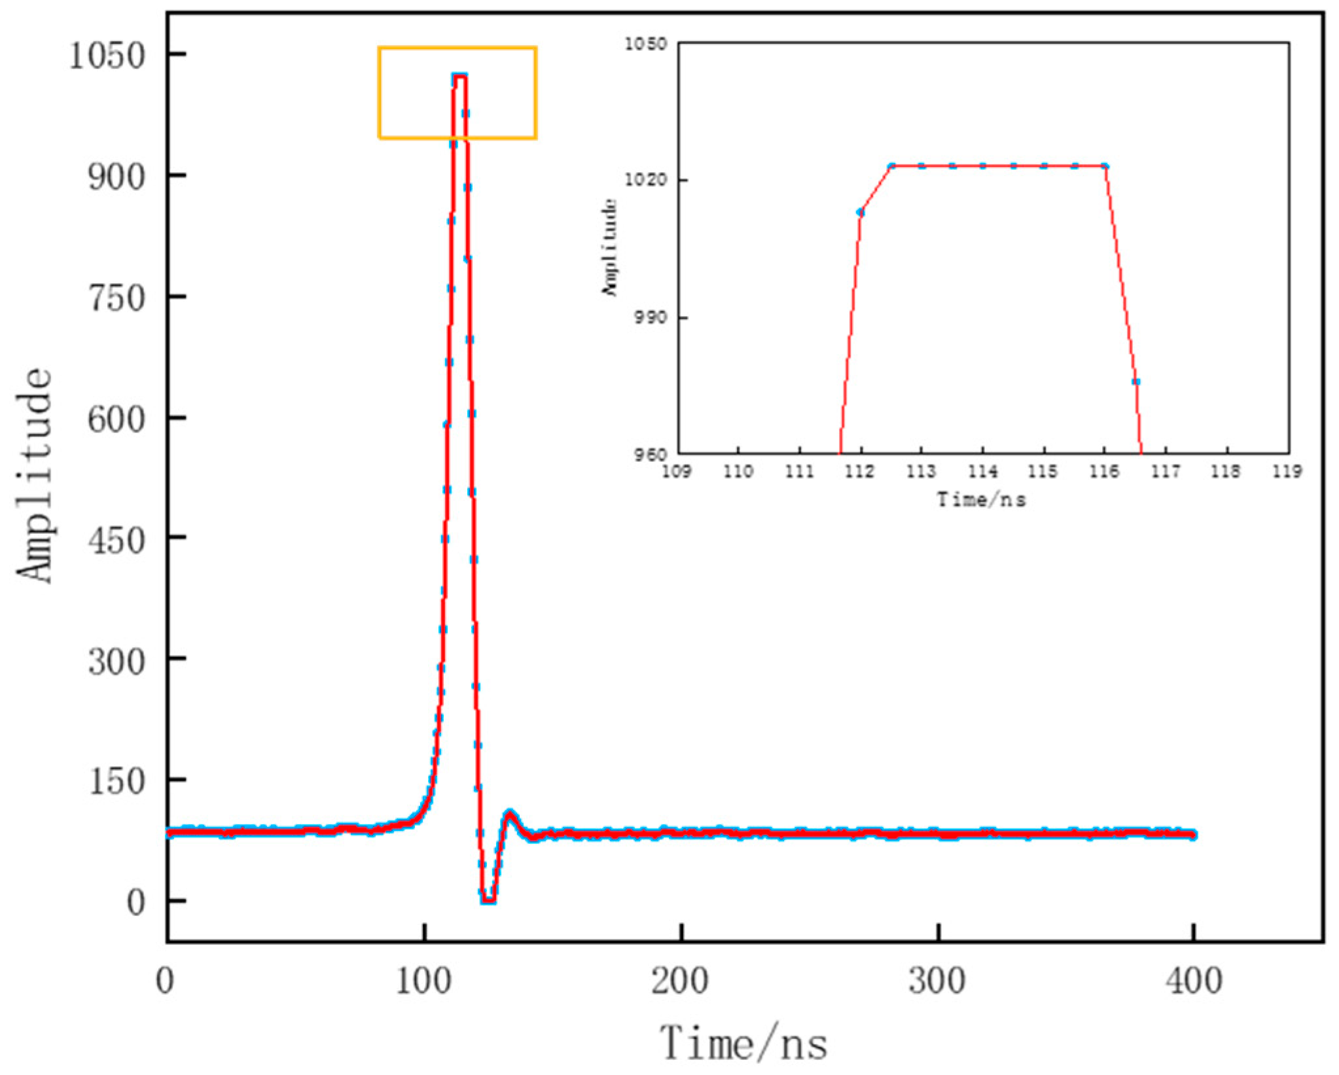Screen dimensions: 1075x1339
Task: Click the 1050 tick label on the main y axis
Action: coord(106,56)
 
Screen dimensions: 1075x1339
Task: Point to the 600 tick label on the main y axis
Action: coord(116,419)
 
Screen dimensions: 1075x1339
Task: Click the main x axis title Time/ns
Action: coord(743,1043)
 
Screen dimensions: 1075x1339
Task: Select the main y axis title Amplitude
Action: coord(34,475)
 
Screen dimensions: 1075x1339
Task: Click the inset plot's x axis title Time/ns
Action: coord(981,500)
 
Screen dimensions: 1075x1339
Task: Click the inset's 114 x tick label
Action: coord(982,471)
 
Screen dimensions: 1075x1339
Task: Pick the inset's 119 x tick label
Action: coord(1287,471)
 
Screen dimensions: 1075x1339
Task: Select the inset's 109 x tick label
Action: coord(676,471)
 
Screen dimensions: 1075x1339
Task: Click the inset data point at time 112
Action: coord(860,212)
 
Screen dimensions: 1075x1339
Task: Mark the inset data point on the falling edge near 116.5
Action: coord(1136,381)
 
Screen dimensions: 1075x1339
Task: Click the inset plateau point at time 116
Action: coord(1105,166)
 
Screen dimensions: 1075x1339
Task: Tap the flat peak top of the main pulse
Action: coord(459,77)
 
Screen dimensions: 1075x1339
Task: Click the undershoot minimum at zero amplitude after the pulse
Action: coord(488,901)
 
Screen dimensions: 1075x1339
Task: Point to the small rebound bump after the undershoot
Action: coord(510,813)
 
